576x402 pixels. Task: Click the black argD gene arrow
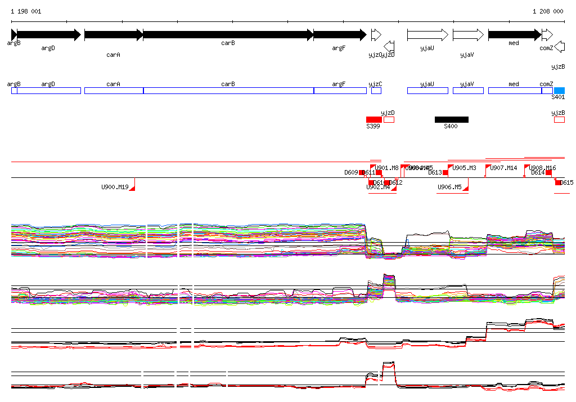point(49,35)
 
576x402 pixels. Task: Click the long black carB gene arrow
point(228,35)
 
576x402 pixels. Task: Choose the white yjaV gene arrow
point(467,35)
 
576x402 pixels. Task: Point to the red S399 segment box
point(373,119)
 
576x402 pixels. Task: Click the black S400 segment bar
point(451,119)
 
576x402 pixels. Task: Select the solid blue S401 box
point(559,90)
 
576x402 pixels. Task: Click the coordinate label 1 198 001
point(26,11)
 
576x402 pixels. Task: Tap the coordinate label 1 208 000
point(548,11)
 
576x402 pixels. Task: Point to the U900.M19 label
point(115,187)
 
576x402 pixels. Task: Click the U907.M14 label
point(503,168)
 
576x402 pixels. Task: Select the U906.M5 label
point(449,187)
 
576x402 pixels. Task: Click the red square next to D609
point(362,172)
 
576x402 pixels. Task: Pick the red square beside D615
point(558,182)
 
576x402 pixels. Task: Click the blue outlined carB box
point(228,91)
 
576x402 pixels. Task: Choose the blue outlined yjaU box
point(427,91)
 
